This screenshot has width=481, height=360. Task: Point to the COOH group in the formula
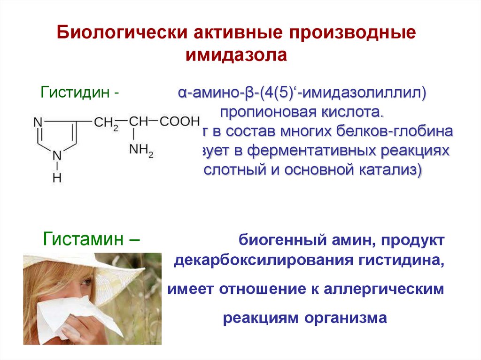click(179, 121)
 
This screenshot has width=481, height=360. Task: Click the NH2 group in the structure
click(141, 150)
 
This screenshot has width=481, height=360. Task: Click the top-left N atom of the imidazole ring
click(38, 122)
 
